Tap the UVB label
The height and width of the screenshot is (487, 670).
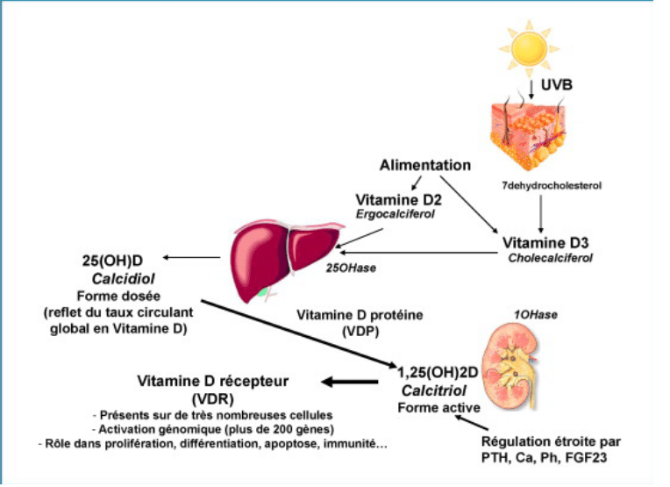coord(556,84)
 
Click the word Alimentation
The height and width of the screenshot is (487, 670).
coord(425,165)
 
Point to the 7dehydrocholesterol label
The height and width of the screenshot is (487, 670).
coord(552,185)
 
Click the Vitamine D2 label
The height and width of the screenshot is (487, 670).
coord(399,200)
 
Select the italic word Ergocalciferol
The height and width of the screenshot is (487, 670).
coord(396,214)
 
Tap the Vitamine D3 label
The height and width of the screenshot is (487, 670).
coord(545,243)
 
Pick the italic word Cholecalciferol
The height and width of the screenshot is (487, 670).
coord(551,258)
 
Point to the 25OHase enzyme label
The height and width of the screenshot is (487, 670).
coord(351,269)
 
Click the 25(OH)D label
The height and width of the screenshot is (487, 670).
coord(112,261)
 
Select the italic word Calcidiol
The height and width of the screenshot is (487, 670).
coord(123,279)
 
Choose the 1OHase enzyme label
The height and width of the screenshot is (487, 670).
coord(536,315)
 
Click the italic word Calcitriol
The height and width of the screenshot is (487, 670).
coord(434,390)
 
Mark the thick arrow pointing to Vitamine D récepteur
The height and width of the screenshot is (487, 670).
coord(350,382)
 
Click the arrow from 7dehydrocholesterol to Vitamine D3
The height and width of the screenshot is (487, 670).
coord(540,214)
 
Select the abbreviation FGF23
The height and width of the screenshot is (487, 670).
coord(586,457)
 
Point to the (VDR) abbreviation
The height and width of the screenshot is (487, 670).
coord(213,399)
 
